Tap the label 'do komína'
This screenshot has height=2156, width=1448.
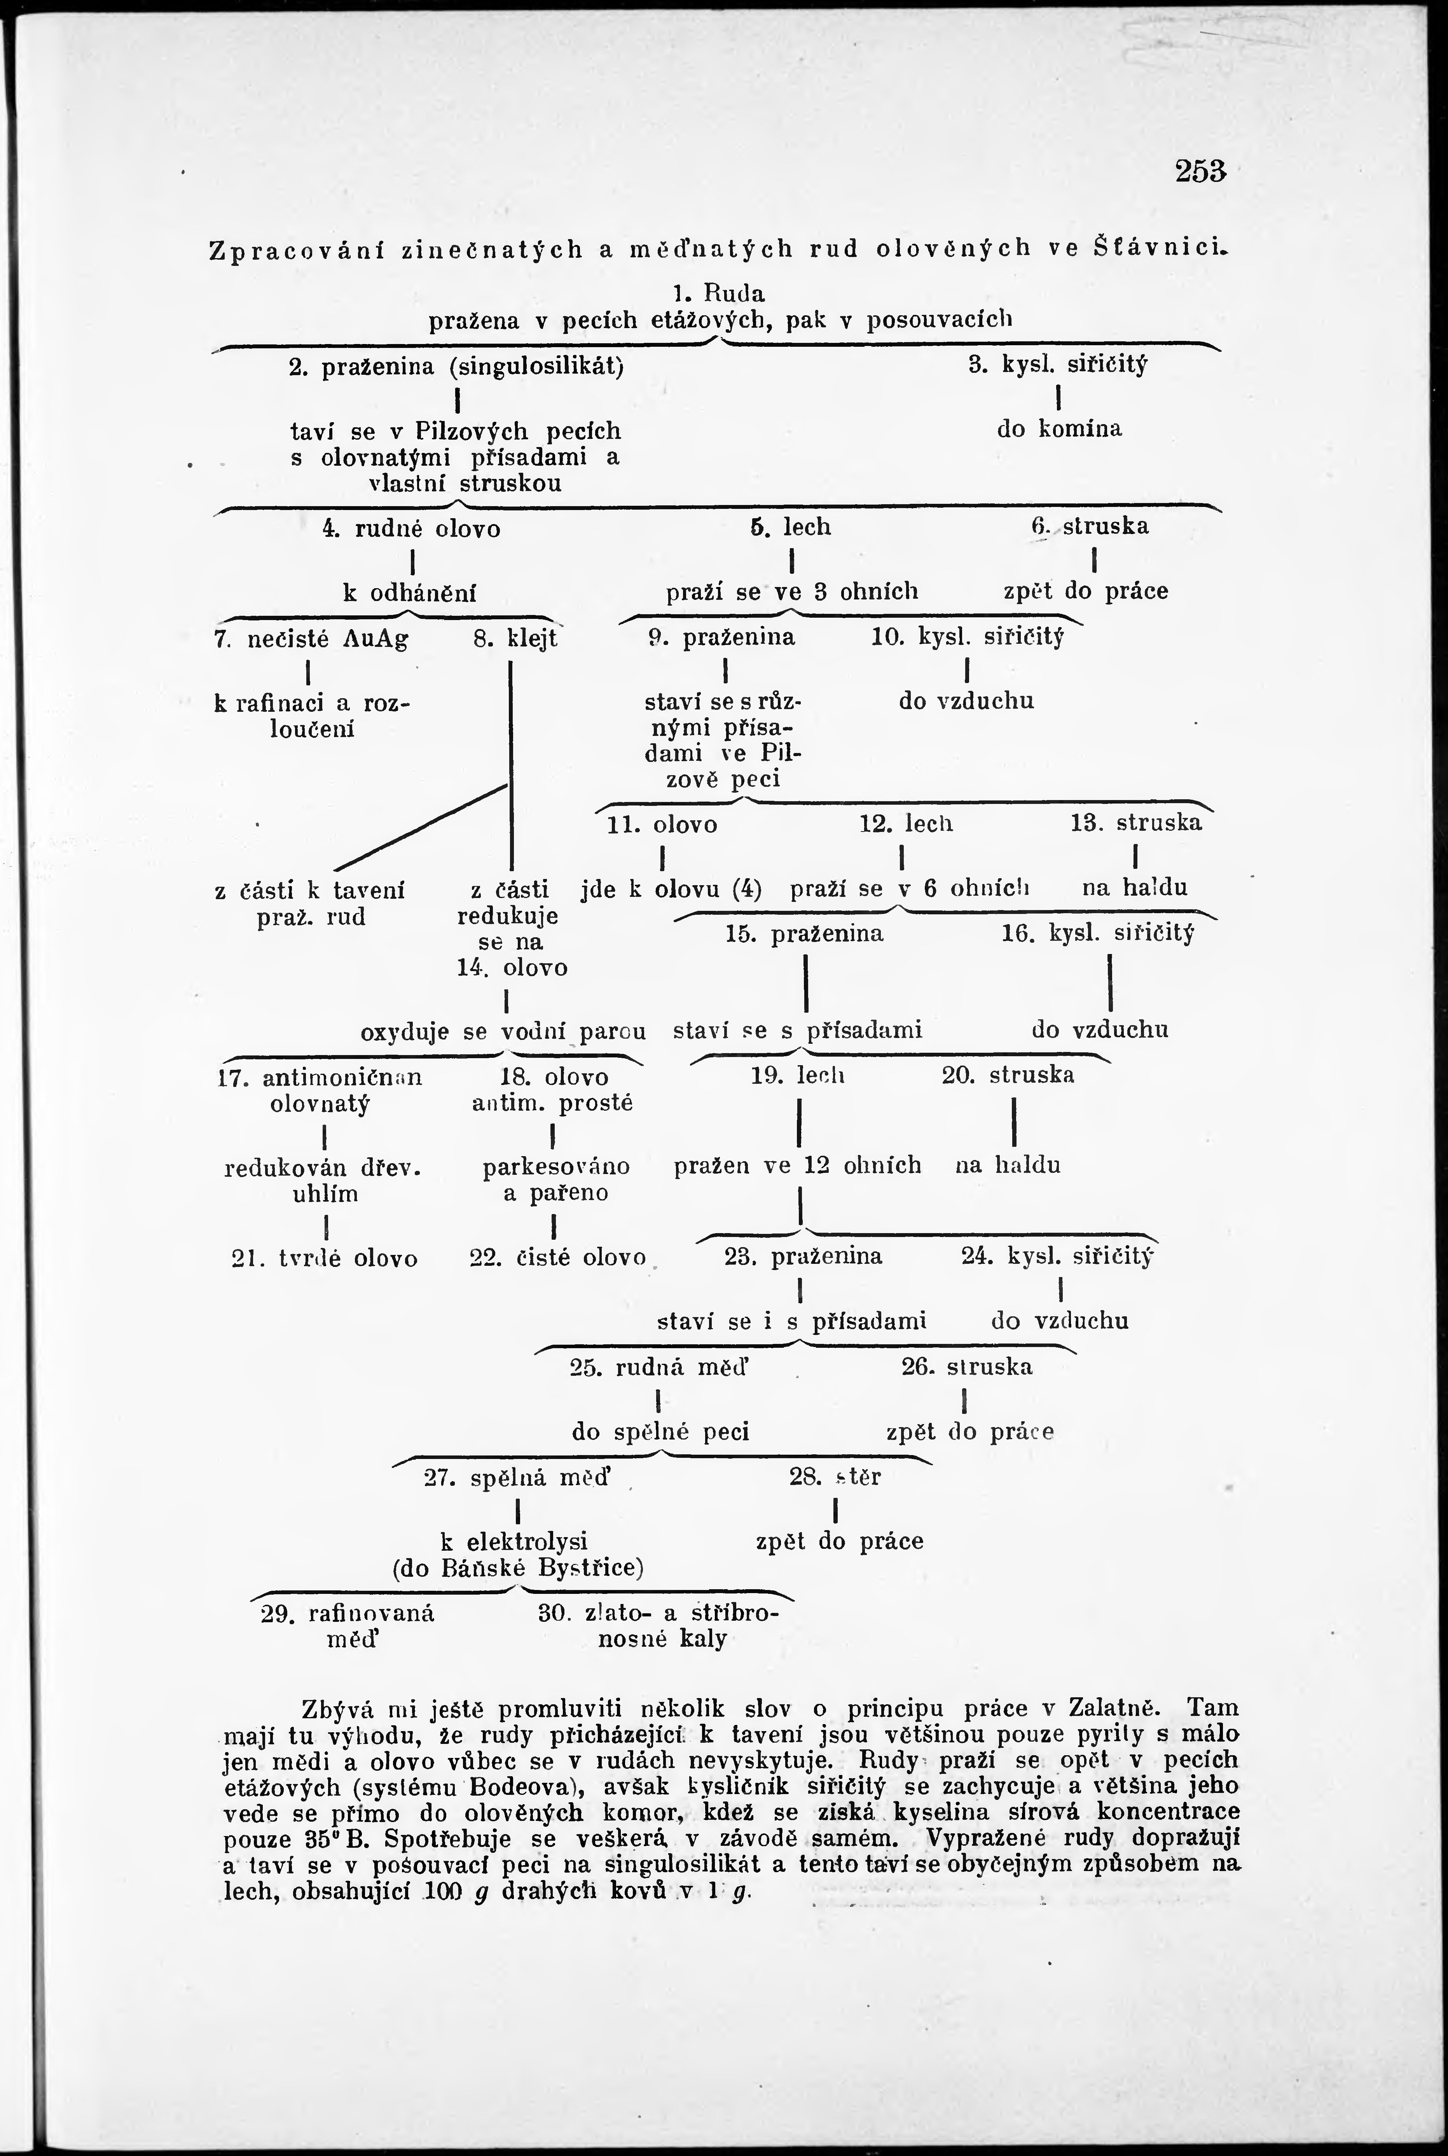click(x=1059, y=429)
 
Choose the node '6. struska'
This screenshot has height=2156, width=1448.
click(x=1090, y=526)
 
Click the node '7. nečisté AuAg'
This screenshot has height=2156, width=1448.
click(x=311, y=639)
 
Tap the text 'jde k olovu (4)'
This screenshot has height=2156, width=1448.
click(x=671, y=889)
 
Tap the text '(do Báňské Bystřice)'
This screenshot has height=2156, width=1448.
click(x=518, y=1568)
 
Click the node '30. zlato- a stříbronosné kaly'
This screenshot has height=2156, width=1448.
click(x=658, y=1626)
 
